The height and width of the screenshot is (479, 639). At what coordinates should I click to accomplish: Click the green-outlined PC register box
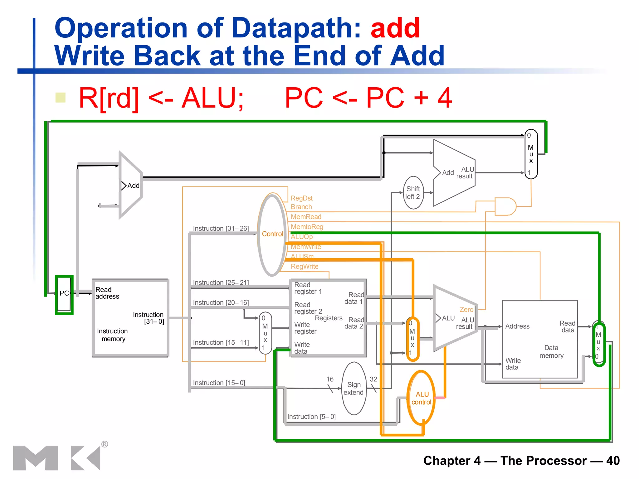click(x=64, y=295)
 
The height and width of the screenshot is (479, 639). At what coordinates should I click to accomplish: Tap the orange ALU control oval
click(x=421, y=398)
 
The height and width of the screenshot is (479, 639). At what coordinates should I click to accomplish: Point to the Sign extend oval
click(x=354, y=389)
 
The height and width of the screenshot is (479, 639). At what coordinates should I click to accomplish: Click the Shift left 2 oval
click(x=413, y=193)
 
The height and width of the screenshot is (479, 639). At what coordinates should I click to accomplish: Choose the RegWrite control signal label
click(x=305, y=267)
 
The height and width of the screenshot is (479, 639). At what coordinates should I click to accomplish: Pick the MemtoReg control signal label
click(x=307, y=227)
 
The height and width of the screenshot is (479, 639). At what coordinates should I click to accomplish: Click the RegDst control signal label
click(x=301, y=198)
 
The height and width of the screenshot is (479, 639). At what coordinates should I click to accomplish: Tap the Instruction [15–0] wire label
click(x=219, y=383)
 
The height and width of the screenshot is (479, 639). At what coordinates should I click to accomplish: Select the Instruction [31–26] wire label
click(x=221, y=228)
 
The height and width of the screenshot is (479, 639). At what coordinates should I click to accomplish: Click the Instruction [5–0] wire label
click(x=311, y=417)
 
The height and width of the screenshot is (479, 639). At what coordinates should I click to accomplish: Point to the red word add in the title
click(x=395, y=28)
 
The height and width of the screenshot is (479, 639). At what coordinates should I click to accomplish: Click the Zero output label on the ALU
click(x=466, y=310)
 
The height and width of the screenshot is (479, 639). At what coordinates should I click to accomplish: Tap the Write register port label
click(x=305, y=328)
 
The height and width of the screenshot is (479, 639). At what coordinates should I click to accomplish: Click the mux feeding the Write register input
click(x=265, y=333)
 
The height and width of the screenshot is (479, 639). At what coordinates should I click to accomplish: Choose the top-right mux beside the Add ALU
click(x=531, y=154)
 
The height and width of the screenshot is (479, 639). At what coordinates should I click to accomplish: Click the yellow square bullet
click(x=60, y=98)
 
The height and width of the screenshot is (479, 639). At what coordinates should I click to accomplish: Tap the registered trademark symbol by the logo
click(x=105, y=444)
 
